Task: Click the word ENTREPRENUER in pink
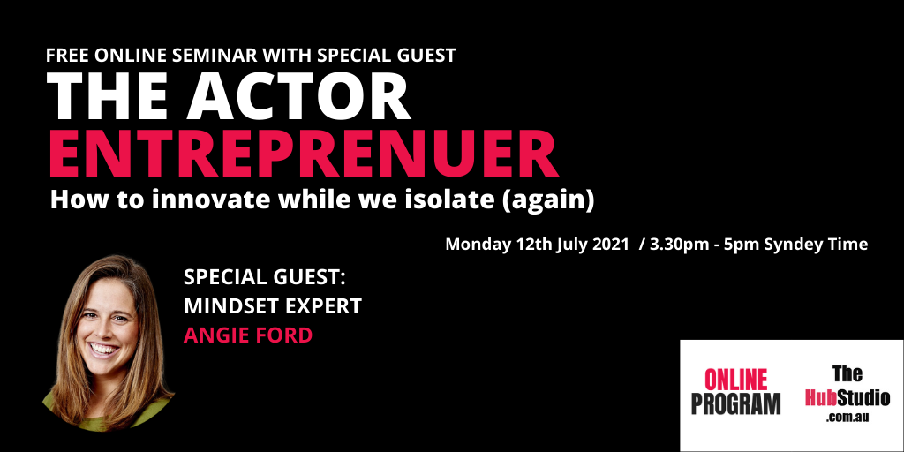tap(304, 155)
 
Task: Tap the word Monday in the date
tap(478, 245)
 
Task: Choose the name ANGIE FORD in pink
tap(248, 335)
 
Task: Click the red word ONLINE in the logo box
tap(735, 380)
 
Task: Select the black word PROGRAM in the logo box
tap(735, 403)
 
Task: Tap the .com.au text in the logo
tap(847, 417)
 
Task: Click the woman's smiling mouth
tap(105, 349)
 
